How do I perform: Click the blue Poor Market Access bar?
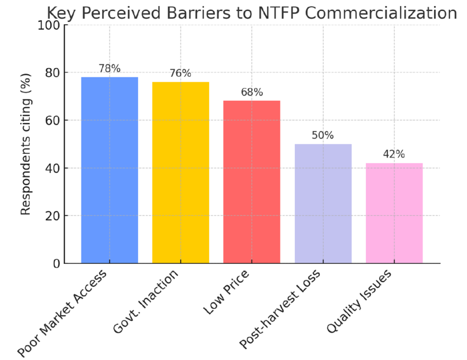point(109,170)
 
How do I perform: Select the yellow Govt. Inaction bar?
point(181,173)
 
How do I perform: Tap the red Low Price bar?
point(252,182)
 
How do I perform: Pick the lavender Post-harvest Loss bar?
point(323,204)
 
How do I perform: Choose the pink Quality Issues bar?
point(394,213)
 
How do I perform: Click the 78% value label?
point(109,69)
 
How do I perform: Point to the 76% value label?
point(181,74)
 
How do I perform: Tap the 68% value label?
point(252,92)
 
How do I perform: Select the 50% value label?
point(323,136)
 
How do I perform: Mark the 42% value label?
point(394,154)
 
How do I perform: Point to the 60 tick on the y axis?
point(52,120)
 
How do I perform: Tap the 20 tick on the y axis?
point(52,216)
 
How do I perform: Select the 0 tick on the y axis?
point(55,263)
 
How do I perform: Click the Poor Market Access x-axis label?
point(63,312)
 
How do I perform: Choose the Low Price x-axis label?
point(226,294)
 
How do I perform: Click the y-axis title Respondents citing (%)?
point(26,144)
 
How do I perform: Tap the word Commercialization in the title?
point(387,13)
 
